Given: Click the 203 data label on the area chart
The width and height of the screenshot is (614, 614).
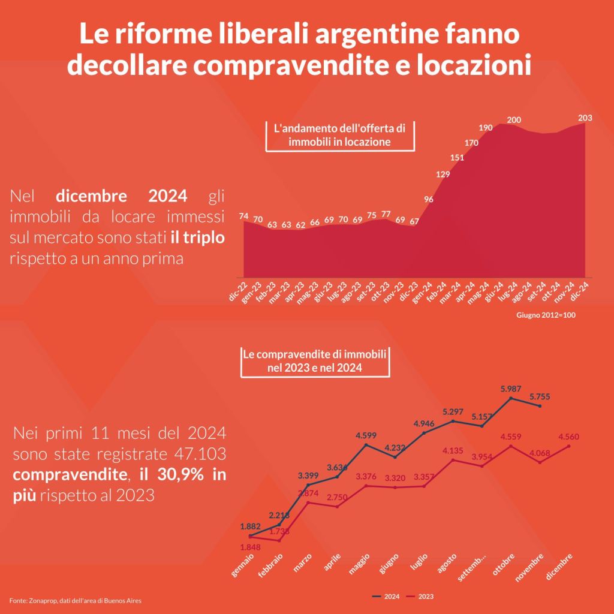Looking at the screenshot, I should point(585,118).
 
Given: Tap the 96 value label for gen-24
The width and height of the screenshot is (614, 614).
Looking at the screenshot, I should point(428,199).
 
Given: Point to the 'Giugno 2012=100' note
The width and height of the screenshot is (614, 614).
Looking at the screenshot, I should point(546,315).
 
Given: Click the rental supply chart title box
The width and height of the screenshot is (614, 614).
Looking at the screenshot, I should point(340,136).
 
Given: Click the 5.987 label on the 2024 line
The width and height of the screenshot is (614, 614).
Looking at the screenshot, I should point(511,389).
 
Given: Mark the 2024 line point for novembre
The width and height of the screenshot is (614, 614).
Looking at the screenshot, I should point(540,406).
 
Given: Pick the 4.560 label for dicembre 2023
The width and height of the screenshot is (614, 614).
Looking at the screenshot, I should point(569,437).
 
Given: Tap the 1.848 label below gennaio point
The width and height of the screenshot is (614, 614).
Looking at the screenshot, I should point(250,547).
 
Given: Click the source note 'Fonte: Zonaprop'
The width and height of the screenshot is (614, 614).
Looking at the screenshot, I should point(75,600).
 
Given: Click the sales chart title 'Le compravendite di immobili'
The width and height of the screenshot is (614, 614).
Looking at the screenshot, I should point(315,354).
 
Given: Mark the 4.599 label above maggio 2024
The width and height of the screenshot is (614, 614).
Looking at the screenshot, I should point(366,435).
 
